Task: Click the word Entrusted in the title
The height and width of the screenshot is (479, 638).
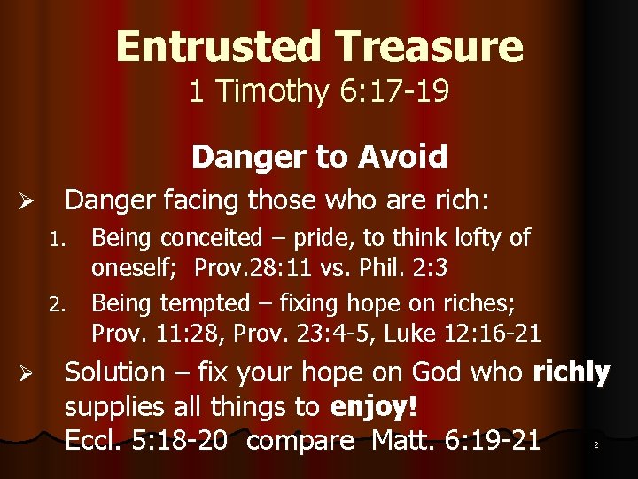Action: click(x=217, y=46)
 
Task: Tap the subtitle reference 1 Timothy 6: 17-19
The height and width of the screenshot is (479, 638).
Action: click(x=319, y=90)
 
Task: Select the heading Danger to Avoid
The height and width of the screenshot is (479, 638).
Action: click(x=319, y=157)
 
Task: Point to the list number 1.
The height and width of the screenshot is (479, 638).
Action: click(x=58, y=239)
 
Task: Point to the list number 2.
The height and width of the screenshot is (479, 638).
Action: click(x=58, y=305)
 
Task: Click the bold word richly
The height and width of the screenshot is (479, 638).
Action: click(x=572, y=373)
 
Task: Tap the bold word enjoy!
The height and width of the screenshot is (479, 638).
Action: click(x=373, y=407)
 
